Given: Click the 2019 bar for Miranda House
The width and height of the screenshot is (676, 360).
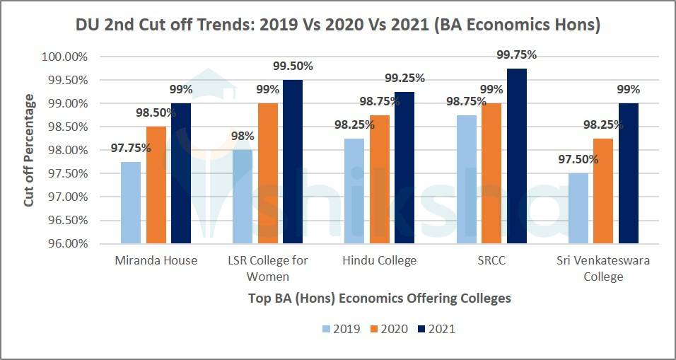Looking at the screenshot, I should click(131, 202).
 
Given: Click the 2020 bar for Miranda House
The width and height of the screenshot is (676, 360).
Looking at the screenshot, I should click(156, 185).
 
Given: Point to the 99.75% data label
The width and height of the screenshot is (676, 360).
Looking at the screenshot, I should click(517, 54).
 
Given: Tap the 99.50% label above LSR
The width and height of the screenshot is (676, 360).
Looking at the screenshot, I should click(293, 66).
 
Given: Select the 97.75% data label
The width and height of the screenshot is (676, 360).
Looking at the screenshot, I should click(131, 148).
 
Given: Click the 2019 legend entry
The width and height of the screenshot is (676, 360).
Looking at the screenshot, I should click(341, 329).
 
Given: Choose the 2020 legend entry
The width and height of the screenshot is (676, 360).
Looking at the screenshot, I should click(388, 329).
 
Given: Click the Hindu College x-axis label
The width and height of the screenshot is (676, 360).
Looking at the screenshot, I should click(379, 260).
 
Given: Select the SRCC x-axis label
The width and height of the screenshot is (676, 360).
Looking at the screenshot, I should click(491, 260).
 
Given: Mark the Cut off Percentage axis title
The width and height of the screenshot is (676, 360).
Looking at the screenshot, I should click(29, 151).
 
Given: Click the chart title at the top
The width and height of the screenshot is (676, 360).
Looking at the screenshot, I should click(338, 25).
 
